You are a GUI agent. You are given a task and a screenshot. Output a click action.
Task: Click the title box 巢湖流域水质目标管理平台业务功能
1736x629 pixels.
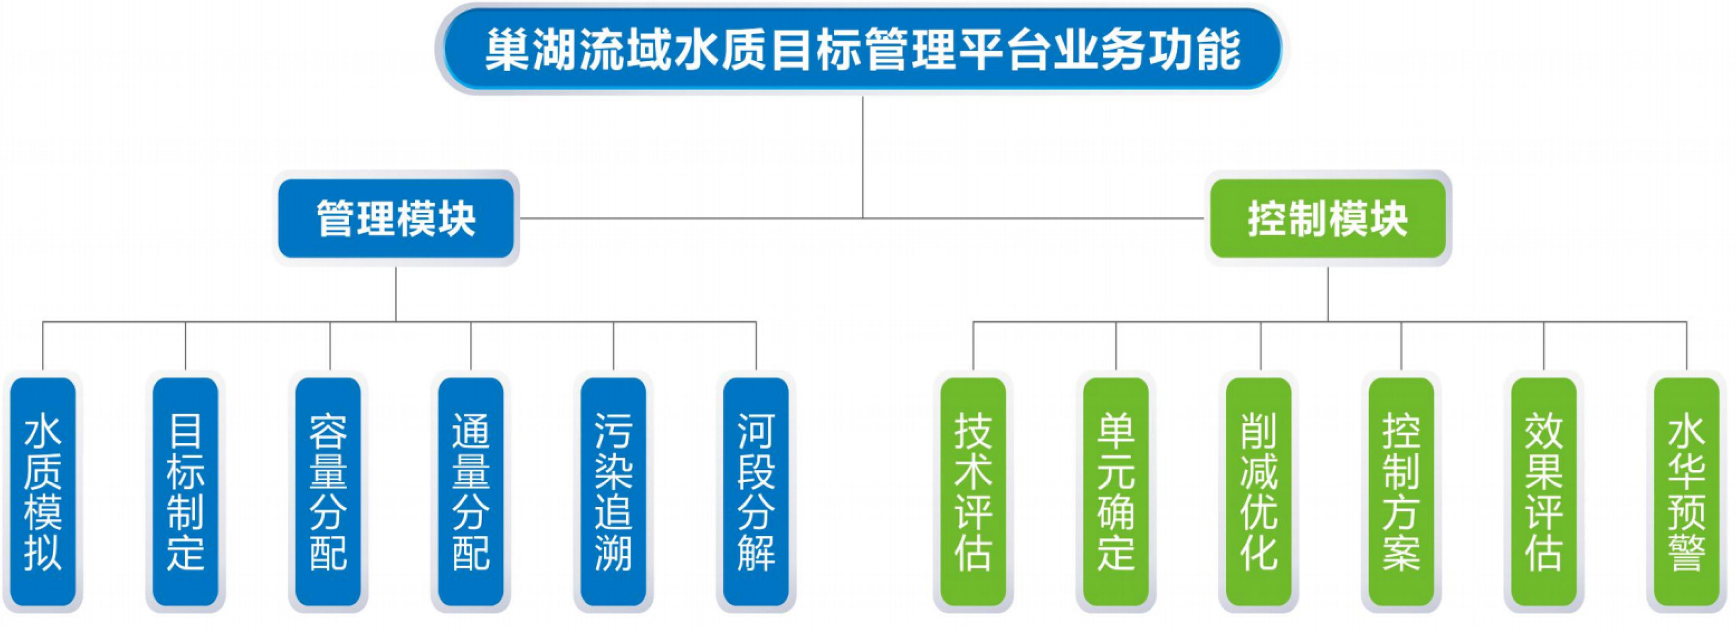point(862,49)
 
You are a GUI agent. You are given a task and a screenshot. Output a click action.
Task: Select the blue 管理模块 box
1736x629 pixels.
point(396,218)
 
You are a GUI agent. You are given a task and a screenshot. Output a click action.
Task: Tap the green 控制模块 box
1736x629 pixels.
point(1328,218)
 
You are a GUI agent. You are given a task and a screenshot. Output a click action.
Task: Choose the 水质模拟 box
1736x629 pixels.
point(42,491)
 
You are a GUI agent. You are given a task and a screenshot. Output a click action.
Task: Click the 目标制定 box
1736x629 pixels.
point(186,491)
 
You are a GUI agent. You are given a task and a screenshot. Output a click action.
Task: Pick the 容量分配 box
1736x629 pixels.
point(328,491)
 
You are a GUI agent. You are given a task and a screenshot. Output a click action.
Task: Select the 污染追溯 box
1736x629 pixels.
point(613,491)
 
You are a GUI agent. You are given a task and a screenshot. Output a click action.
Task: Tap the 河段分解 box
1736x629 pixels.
point(756,491)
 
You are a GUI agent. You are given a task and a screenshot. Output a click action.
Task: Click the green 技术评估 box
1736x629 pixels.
point(973,491)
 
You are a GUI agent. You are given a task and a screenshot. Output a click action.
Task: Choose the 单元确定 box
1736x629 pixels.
point(1116,491)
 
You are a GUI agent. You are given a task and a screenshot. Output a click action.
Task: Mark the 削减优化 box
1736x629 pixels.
point(1259,491)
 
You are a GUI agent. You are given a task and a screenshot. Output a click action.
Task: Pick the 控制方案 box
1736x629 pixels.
point(1401,491)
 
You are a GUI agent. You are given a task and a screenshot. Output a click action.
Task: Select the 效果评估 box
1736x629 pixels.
point(1544,491)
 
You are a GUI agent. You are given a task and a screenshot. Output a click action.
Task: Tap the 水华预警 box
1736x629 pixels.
point(1687,491)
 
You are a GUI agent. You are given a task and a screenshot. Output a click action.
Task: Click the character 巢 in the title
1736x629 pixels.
point(507,49)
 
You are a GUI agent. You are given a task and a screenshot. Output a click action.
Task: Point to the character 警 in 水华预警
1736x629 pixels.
point(1687,551)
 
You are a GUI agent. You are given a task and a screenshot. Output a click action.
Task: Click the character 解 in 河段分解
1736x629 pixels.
point(756,551)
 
